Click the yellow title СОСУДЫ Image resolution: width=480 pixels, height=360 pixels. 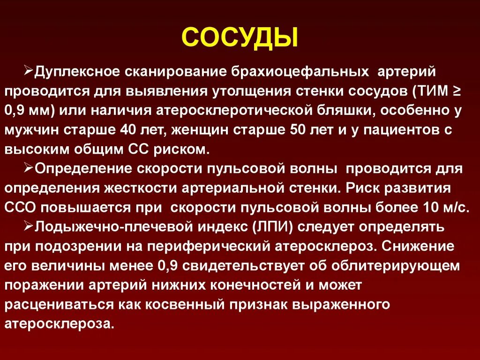[x=239, y=37]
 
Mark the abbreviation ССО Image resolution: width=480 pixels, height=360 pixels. [x=19, y=207]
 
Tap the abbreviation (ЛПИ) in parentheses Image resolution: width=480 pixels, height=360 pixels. [x=271, y=227]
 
